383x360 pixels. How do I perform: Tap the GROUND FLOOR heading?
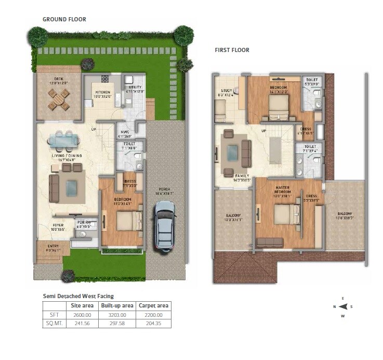(x=64, y=19)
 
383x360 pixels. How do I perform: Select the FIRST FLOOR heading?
(x=232, y=50)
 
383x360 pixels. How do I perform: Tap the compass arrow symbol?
(x=342, y=307)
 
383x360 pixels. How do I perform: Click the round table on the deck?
(x=58, y=98)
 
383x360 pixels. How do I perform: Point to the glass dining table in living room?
(x=64, y=140)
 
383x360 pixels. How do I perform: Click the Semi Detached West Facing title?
(x=78, y=296)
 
